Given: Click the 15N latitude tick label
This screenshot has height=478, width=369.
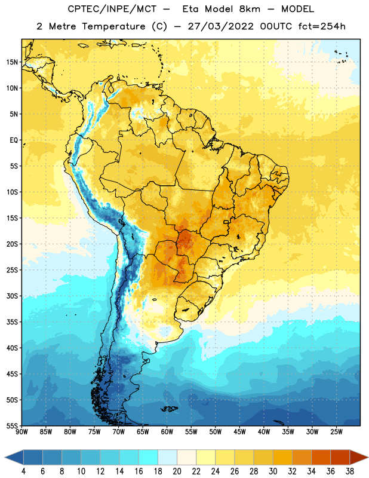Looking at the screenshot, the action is point(12,62).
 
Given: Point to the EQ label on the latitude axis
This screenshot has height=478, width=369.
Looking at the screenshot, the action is point(14,140).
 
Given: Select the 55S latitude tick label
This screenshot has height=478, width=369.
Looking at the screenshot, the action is point(12,425).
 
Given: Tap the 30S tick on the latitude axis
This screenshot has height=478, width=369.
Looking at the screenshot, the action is point(12,296).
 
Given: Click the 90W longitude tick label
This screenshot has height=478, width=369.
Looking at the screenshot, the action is point(21,431).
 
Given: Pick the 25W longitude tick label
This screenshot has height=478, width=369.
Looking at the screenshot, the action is point(336,431).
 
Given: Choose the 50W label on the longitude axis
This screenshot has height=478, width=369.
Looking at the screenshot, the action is point(216,431).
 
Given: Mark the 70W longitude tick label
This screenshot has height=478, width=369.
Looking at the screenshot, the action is point(119,431).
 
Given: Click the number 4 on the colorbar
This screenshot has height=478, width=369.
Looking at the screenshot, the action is point(23,471).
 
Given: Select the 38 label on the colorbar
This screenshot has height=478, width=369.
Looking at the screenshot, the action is point(350,471).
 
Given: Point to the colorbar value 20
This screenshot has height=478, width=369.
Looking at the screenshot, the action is point(177,471).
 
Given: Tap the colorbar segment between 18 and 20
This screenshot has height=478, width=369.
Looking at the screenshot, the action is point(168,457).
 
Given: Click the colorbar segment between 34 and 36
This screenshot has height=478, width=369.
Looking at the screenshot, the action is point(321,457).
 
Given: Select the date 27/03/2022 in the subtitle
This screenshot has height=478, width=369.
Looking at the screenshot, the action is point(220,26).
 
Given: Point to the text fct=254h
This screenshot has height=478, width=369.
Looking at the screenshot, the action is point(322,26).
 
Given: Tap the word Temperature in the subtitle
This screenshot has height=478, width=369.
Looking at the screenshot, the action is point(113,26).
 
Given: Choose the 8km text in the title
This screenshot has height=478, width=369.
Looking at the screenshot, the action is point(250,9).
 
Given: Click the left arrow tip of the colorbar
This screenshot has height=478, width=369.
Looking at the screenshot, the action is point(5,457).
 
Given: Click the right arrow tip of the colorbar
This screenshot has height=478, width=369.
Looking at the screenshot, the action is point(368,457).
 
